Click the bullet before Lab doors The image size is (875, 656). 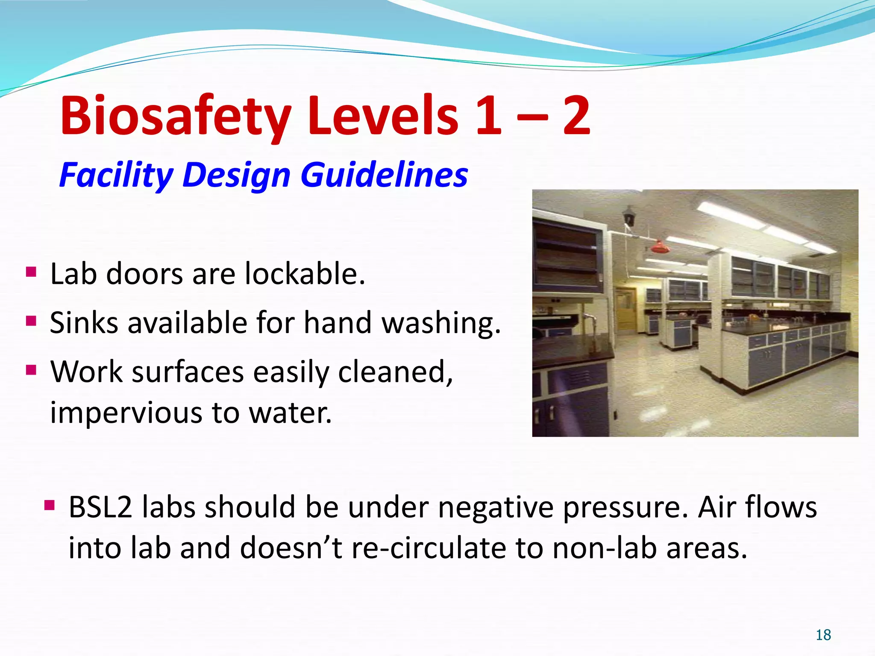[31, 272]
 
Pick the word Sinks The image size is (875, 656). [84, 322]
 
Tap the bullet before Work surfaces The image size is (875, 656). [31, 369]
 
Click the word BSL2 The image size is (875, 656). [100, 507]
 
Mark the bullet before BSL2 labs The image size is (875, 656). [50, 506]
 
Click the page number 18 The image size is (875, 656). [823, 635]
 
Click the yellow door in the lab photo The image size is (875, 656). [625, 307]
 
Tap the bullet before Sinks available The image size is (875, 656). [31, 320]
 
